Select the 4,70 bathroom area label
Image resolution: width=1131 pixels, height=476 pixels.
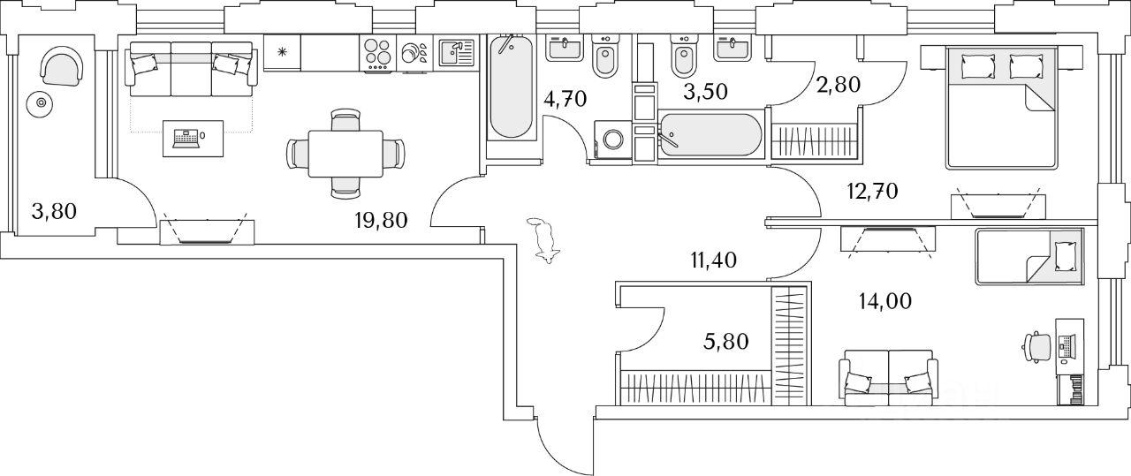[x=565, y=98]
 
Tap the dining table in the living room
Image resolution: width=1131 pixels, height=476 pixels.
[x=345, y=153]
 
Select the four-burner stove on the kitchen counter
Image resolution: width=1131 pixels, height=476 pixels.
[x=376, y=53]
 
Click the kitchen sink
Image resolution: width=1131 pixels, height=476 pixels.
[x=456, y=53]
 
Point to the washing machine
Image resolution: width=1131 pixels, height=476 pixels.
[x=611, y=140]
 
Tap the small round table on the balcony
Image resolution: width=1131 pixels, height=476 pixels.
[x=39, y=104]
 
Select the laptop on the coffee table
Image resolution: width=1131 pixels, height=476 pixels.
[x=186, y=137]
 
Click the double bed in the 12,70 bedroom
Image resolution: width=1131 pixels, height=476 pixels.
[x=1001, y=107]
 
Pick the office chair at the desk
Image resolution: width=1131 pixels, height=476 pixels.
[x=1036, y=345]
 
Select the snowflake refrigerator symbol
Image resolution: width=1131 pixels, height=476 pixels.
[x=283, y=53]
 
